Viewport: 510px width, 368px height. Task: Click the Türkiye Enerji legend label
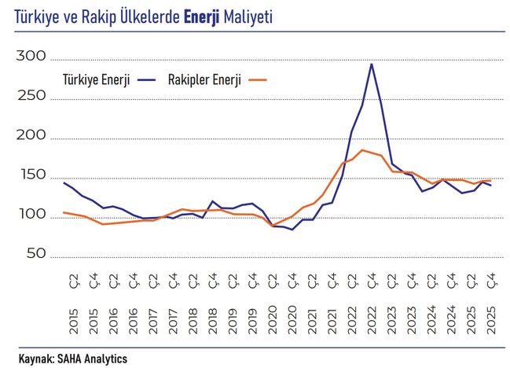coord(97,79)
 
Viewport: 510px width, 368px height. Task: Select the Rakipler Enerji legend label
coord(204,79)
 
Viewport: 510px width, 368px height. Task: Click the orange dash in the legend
coord(257,79)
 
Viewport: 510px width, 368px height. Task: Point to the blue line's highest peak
coord(371,64)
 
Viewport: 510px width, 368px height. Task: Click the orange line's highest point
coord(361,149)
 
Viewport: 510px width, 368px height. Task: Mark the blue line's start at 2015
coord(64,182)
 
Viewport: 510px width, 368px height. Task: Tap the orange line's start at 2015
coord(64,212)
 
